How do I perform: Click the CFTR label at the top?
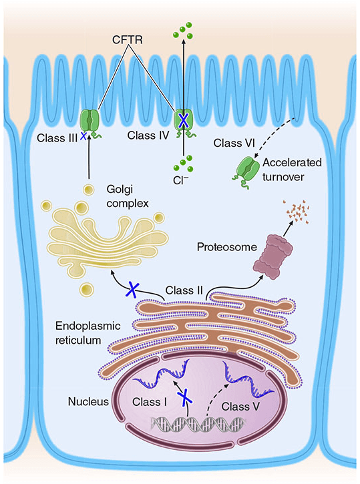pyautogui.click(x=127, y=40)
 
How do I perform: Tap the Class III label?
pyautogui.click(x=57, y=138)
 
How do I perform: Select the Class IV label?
pyautogui.click(x=148, y=136)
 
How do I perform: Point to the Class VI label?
pyautogui.click(x=234, y=143)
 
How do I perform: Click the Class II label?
pyautogui.click(x=184, y=290)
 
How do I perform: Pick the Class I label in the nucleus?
pyautogui.click(x=150, y=402)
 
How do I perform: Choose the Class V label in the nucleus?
pyautogui.click(x=240, y=406)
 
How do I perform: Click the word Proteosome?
pyautogui.click(x=227, y=247)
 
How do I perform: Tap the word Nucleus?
pyautogui.click(x=88, y=402)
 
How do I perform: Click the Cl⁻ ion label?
pyautogui.click(x=180, y=180)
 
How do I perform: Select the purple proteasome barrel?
pyautogui.click(x=273, y=257)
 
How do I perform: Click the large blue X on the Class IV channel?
pyautogui.click(x=184, y=120)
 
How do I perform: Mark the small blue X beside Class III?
pyautogui.click(x=83, y=136)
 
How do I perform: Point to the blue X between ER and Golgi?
pyautogui.click(x=132, y=290)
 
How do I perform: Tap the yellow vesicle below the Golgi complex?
pyautogui.click(x=86, y=289)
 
